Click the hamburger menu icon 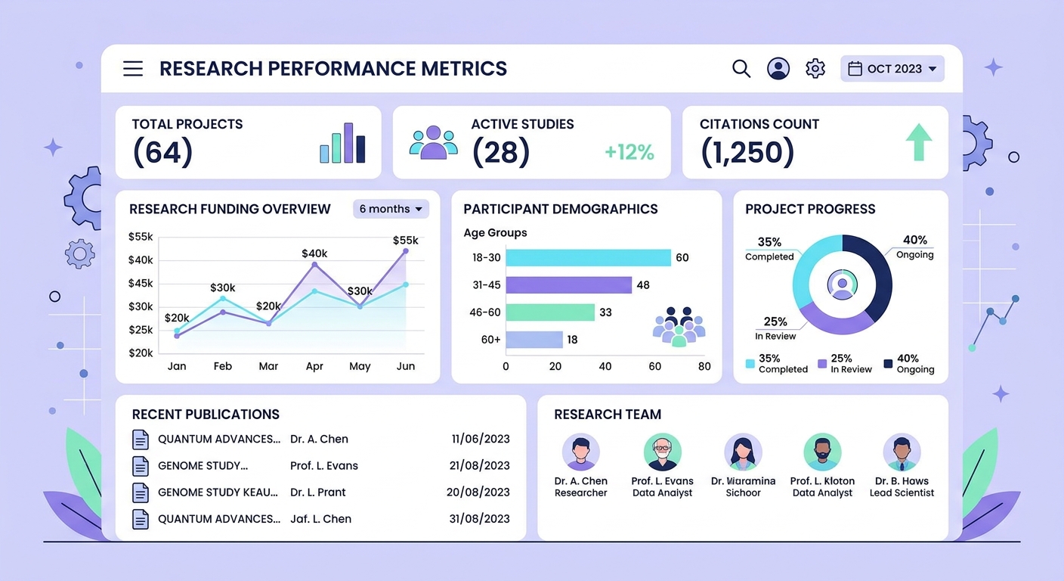click(133, 69)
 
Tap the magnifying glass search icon click(741, 69)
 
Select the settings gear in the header click(815, 69)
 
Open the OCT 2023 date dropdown click(892, 69)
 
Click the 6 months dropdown click(391, 209)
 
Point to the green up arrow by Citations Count click(919, 142)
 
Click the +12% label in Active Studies click(629, 152)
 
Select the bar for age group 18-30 click(588, 257)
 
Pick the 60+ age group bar click(534, 340)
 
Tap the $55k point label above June click(406, 241)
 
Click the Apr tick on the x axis click(314, 366)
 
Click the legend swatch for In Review click(822, 364)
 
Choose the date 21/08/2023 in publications click(478, 466)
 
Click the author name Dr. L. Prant click(317, 492)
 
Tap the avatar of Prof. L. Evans click(662, 452)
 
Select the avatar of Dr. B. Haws click(902, 452)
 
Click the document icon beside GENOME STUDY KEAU click(141, 492)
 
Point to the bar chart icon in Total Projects click(342, 144)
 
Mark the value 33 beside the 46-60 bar click(605, 312)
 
